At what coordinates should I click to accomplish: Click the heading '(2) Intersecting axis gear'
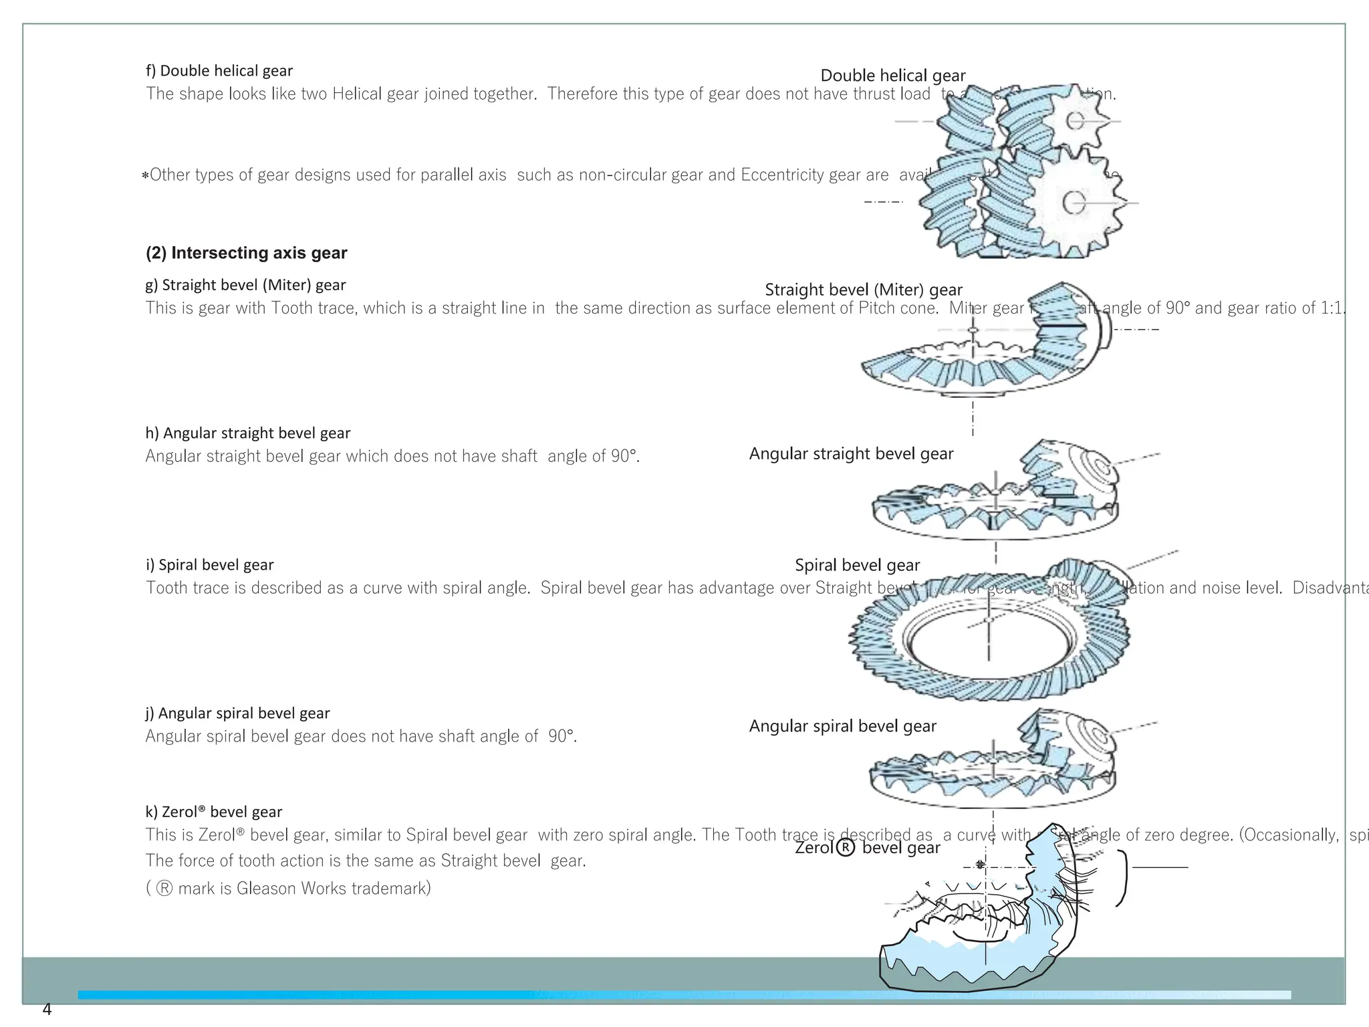point(246,253)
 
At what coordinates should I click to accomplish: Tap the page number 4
point(47,1010)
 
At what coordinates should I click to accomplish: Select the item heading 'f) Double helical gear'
point(219,71)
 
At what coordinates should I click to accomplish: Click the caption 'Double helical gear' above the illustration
point(892,76)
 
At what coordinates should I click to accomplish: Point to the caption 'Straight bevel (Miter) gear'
point(863,290)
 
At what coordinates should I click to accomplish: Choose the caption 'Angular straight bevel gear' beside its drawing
point(851,453)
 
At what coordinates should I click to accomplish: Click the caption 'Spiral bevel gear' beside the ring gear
point(857,565)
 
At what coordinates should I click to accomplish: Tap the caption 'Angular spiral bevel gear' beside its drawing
point(842,726)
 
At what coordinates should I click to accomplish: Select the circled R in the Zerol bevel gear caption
point(846,848)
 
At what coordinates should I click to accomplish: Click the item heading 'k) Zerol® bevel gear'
point(214,812)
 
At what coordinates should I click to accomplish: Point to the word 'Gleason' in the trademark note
point(265,889)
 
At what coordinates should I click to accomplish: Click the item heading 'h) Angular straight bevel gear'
point(248,433)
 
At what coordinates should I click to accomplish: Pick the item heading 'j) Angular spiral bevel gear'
point(237,713)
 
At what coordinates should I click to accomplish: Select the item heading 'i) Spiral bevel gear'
point(210,565)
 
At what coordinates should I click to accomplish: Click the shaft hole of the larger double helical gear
point(1074,202)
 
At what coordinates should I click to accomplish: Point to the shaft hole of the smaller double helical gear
point(1075,121)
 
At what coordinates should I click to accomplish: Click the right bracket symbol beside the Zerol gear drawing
point(1123,878)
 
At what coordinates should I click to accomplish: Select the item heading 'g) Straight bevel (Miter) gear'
point(245,286)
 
